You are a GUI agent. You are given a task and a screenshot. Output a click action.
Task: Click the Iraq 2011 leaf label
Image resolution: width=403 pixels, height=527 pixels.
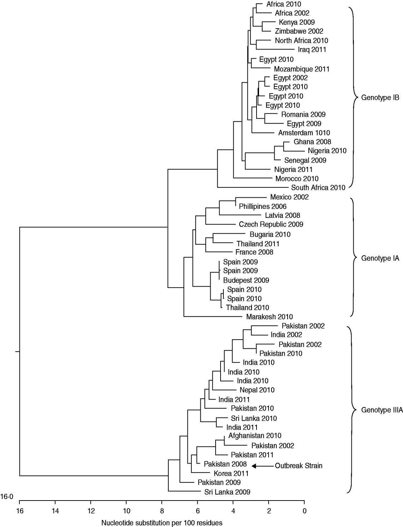(312, 50)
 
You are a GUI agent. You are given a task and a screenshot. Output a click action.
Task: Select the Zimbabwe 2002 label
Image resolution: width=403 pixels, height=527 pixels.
(299, 31)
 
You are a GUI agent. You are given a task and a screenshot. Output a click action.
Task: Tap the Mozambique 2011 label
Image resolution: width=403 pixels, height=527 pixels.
(301, 69)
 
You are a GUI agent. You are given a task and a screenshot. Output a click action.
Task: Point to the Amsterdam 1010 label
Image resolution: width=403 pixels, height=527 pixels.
(304, 133)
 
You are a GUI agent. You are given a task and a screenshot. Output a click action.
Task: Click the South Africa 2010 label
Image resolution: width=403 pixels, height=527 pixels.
(318, 188)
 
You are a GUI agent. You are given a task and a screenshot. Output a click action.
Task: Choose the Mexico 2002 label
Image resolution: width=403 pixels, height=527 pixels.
(289, 197)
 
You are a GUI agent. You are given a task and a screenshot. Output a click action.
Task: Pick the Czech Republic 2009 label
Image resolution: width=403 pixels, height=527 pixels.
(271, 224)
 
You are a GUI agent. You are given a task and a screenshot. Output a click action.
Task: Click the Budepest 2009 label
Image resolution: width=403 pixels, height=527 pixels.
(246, 280)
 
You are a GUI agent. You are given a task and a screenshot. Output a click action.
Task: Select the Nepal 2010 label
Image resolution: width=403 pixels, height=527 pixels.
(257, 390)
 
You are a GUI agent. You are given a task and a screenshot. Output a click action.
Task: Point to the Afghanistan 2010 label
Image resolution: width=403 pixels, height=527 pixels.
(254, 436)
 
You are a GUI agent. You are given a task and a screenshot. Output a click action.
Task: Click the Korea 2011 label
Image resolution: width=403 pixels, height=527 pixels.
(231, 473)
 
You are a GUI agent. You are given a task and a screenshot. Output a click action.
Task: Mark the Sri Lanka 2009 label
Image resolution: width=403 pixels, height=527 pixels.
(227, 492)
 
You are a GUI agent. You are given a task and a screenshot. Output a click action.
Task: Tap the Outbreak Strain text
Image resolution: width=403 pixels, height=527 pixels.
(299, 466)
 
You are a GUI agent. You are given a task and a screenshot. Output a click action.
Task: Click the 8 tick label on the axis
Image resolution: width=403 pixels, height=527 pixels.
(162, 510)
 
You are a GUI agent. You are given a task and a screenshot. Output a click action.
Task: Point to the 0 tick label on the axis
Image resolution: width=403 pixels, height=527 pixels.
(304, 510)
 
